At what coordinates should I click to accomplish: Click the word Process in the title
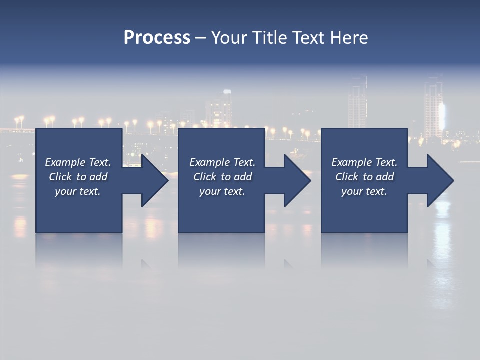coord(157,37)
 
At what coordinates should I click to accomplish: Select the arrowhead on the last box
coord(438,180)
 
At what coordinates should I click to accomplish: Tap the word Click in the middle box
coord(205,177)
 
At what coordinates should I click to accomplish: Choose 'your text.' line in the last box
coord(364,191)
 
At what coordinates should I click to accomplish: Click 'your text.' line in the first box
coord(78,191)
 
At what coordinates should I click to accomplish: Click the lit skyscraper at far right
coord(434,107)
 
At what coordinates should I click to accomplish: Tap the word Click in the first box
coord(60,177)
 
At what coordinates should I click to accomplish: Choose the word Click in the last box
coord(347,177)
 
